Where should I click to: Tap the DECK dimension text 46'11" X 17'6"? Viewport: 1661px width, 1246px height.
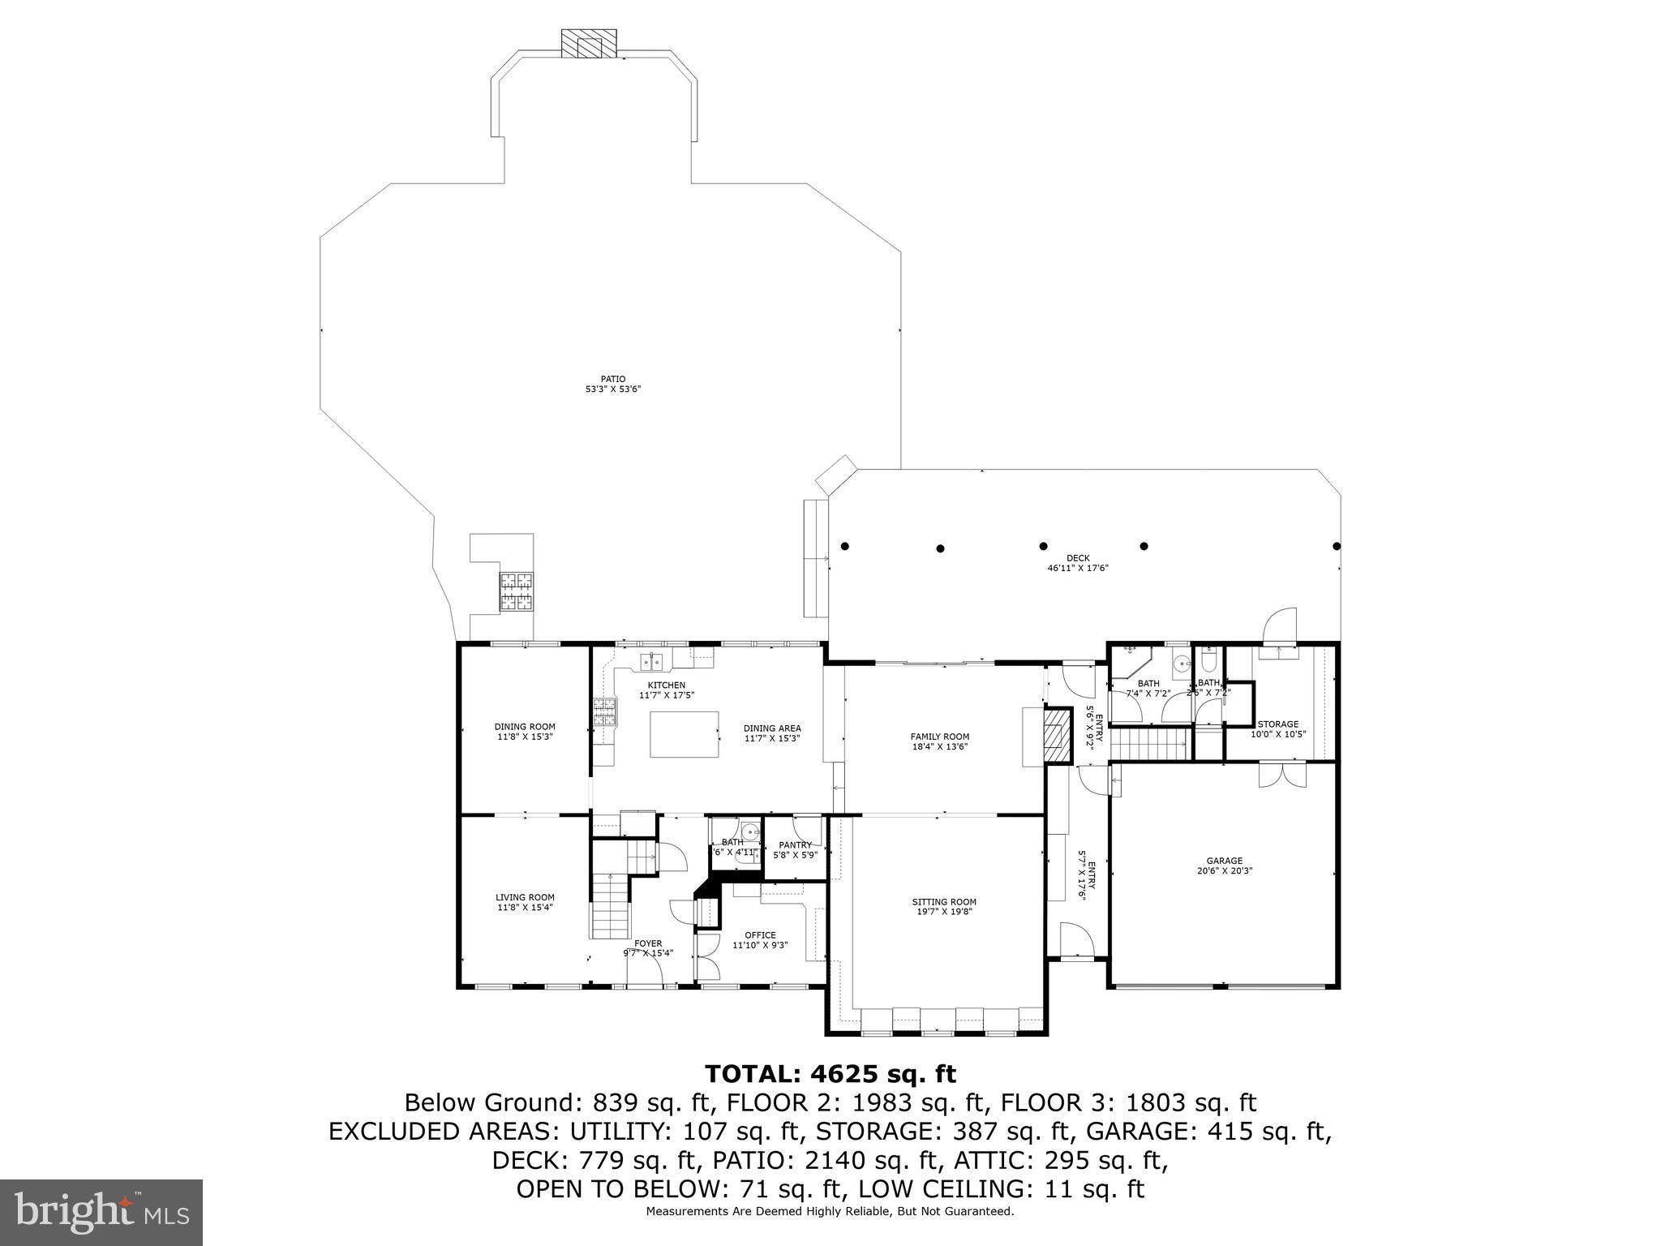1077,569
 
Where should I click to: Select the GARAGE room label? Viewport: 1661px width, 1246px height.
1224,861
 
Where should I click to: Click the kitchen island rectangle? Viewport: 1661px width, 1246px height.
684,734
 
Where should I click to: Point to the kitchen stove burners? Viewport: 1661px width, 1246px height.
604,711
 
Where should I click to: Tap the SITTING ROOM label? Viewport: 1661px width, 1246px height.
944,902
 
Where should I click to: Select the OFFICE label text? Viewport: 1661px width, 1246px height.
760,935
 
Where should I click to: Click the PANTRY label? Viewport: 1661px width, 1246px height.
795,845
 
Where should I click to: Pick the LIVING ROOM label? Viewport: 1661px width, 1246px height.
525,898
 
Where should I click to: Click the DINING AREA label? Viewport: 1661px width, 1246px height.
772,728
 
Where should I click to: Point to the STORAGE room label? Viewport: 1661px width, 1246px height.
1277,724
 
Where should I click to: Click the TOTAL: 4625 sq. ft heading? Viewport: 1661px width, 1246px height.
830,1075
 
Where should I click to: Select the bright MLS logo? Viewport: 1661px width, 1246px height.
101,1212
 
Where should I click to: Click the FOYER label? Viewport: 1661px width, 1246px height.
648,943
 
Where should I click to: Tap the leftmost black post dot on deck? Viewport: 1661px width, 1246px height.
844,546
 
